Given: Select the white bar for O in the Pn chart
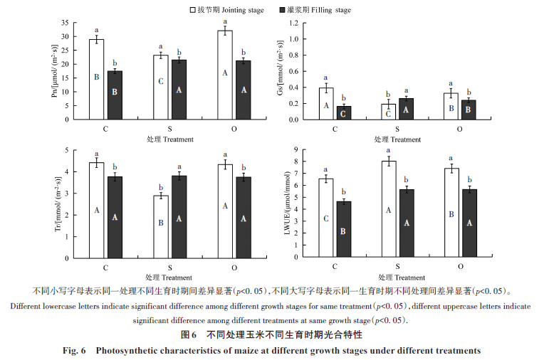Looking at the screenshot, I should coord(225,75).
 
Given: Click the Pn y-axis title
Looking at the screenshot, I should coord(56,70).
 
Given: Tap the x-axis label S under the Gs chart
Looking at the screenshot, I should coord(397,129).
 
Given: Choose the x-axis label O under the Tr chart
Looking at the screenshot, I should coord(234,268).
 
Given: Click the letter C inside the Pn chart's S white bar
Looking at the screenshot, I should coord(161,82).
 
